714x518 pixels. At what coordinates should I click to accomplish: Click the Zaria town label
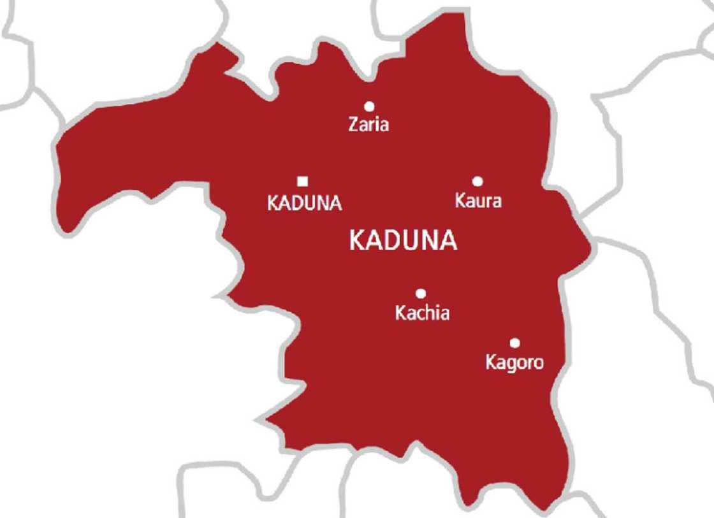368,124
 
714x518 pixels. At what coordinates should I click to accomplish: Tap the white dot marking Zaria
368,106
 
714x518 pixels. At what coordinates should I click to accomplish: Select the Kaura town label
478,201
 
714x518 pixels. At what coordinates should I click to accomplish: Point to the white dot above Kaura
477,182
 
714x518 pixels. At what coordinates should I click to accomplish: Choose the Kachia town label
422,313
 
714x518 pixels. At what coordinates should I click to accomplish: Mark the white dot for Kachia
421,293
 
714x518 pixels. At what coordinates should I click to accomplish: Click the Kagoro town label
514,363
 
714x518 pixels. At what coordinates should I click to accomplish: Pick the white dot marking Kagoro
514,343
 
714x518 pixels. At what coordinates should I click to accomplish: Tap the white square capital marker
303,180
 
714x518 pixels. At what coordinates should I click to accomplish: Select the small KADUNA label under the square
305,203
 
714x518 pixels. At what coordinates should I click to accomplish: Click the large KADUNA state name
404,241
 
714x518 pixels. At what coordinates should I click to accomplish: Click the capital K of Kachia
401,313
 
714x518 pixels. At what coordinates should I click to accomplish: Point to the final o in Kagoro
538,363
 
